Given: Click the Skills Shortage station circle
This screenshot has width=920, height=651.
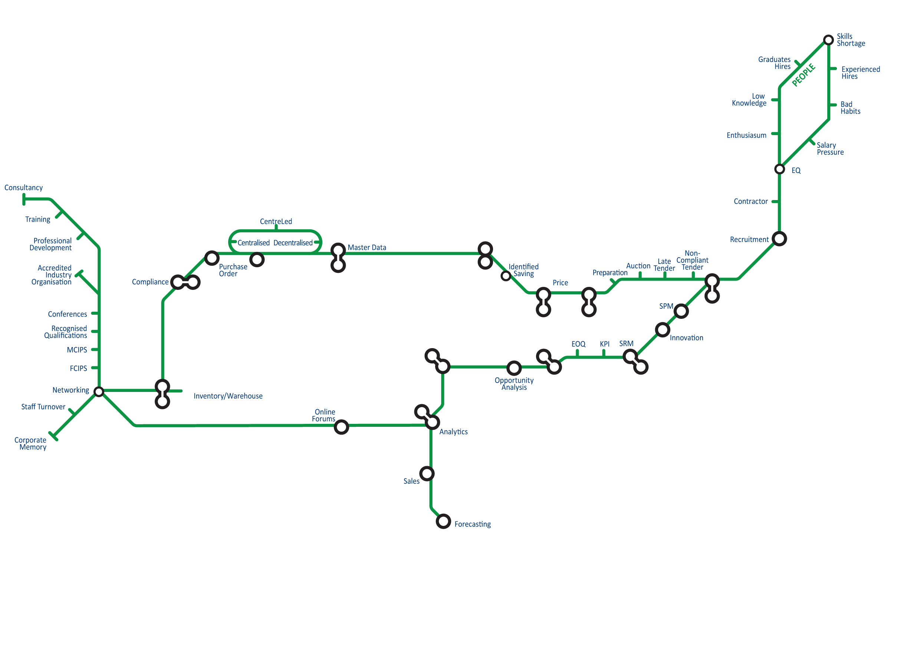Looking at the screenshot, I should pos(828,40).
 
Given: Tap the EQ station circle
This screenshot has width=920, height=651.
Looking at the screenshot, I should pos(779,169).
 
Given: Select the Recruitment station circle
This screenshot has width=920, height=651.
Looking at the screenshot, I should pos(779,239).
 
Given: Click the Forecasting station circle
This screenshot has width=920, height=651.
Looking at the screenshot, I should pos(443,521).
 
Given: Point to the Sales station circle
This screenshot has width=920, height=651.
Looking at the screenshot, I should pos(427,474).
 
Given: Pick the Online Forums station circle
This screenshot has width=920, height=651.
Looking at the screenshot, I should pos(341,427).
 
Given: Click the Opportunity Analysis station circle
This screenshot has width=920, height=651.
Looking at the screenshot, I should pos(514,368).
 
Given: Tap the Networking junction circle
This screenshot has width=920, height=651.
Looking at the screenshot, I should pos(99,392).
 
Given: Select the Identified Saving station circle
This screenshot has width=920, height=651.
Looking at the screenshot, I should pos(506,276).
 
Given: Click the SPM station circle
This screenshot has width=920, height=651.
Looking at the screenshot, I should pos(681,311).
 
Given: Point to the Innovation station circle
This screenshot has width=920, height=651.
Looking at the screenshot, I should pos(663,330).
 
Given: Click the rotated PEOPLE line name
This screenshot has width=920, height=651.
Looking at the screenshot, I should pos(804,75).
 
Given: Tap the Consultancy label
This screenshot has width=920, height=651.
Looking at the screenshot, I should pos(24,187).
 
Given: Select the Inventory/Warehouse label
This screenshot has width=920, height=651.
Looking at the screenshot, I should pos(228,396).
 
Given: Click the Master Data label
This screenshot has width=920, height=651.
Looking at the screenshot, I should pos(367,248).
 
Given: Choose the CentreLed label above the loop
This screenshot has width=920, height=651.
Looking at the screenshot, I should pos(276,221).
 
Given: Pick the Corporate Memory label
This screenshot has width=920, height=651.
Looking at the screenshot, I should pos(30,444).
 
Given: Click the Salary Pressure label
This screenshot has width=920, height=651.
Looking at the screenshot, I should pos(830,149).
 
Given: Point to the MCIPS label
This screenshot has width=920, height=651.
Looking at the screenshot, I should pos(77,350).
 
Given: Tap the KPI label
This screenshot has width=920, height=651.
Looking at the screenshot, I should pos(604,344).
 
